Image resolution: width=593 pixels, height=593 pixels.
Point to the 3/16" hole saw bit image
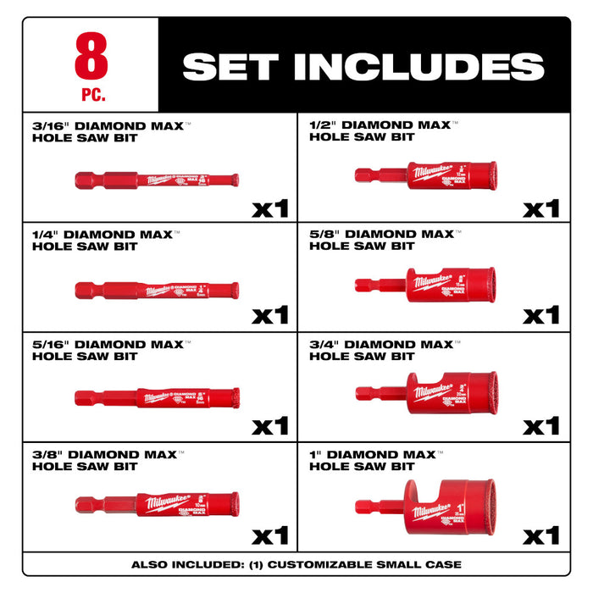[157, 180]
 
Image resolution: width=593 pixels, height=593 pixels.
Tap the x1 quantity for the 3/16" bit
[270, 208]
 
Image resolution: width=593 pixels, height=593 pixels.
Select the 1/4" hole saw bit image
[157, 291]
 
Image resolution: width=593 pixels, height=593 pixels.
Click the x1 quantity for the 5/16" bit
[270, 424]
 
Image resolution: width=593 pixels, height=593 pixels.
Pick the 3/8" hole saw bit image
[157, 503]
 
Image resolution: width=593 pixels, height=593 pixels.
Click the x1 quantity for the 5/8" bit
[541, 315]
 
